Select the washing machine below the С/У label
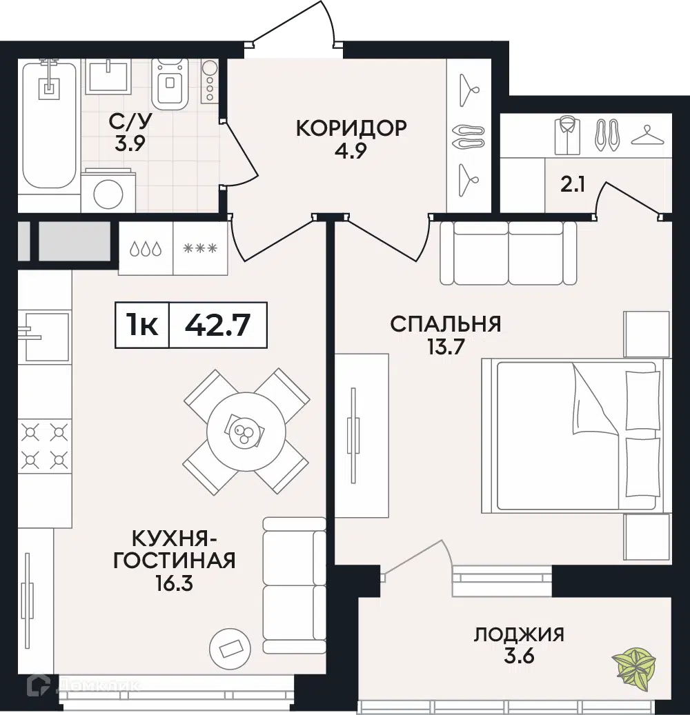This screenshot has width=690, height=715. point(107,192)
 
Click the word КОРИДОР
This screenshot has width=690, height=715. point(351,128)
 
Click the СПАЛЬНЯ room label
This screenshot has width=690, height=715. point(445,323)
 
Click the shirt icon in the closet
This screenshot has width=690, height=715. point(567,135)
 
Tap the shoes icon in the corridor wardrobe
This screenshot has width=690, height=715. point(469,135)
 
